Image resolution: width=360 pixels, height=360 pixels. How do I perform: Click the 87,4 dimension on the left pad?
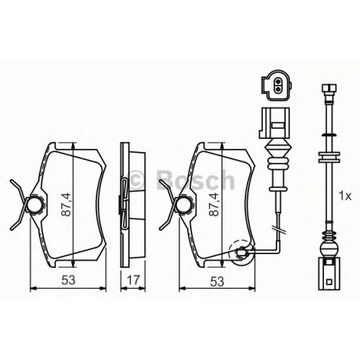[x=67, y=204]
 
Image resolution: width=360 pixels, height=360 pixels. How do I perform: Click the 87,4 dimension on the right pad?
[x=214, y=204]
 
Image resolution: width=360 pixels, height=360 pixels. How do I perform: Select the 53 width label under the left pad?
[x=68, y=280]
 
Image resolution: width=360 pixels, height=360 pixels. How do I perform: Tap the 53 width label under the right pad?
[x=217, y=282]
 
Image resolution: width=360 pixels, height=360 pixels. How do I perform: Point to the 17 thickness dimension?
[x=133, y=280]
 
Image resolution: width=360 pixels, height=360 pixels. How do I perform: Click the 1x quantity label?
[x=345, y=197]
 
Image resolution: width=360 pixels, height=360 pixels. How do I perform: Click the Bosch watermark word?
[x=197, y=179]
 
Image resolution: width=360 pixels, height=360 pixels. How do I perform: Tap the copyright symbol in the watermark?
[x=138, y=179]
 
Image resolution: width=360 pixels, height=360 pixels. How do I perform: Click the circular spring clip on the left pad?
[x=35, y=204]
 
